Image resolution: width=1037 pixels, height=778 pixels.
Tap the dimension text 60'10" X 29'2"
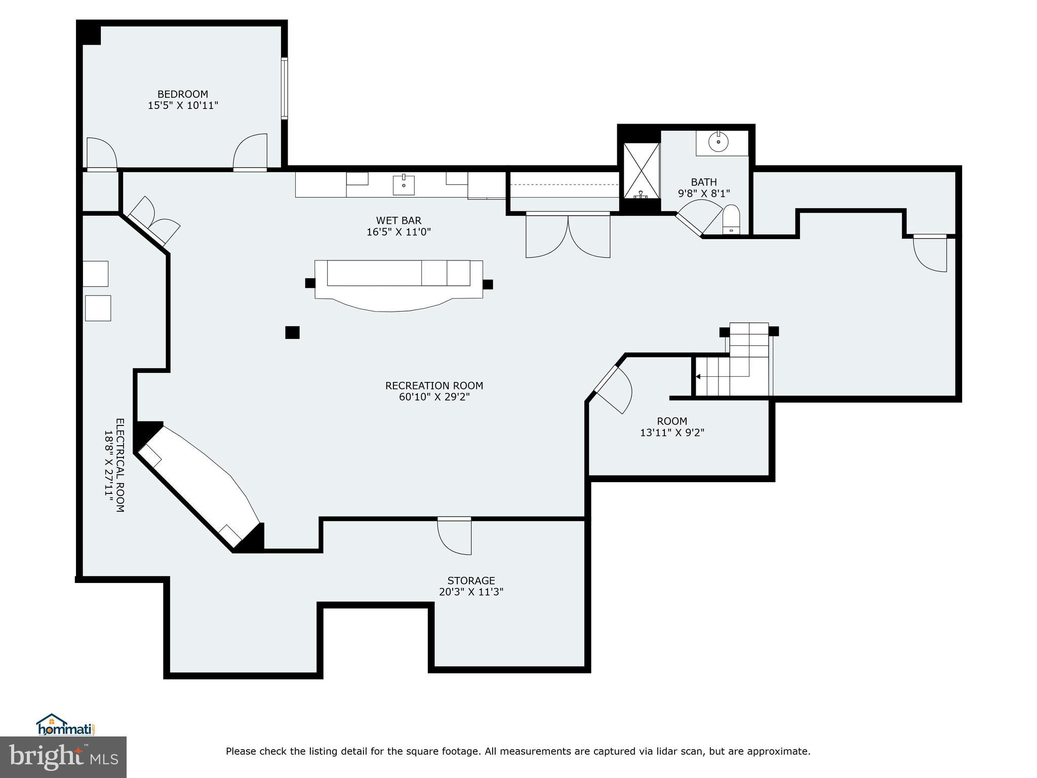click(x=434, y=397)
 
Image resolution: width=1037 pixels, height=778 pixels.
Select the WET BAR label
click(x=398, y=220)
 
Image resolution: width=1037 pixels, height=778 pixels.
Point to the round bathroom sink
click(x=718, y=142)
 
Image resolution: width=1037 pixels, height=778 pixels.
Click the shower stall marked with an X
click(x=641, y=171)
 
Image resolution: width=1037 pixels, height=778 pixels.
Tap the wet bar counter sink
click(x=404, y=185)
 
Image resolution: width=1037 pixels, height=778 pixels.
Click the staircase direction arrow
click(x=698, y=376)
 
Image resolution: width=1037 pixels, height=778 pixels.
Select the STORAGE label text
click(x=471, y=580)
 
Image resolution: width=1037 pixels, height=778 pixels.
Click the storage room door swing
click(x=454, y=536)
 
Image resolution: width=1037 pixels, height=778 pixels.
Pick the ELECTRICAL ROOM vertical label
click(x=120, y=465)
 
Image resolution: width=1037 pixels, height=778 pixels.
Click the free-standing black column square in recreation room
click(x=292, y=332)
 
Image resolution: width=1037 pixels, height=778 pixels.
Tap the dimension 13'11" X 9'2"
click(x=672, y=433)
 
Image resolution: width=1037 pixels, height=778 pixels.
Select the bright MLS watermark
click(x=63, y=757)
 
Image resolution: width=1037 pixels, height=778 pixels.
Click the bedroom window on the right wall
click(x=285, y=89)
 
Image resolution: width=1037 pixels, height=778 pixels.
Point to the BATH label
click(x=704, y=182)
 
